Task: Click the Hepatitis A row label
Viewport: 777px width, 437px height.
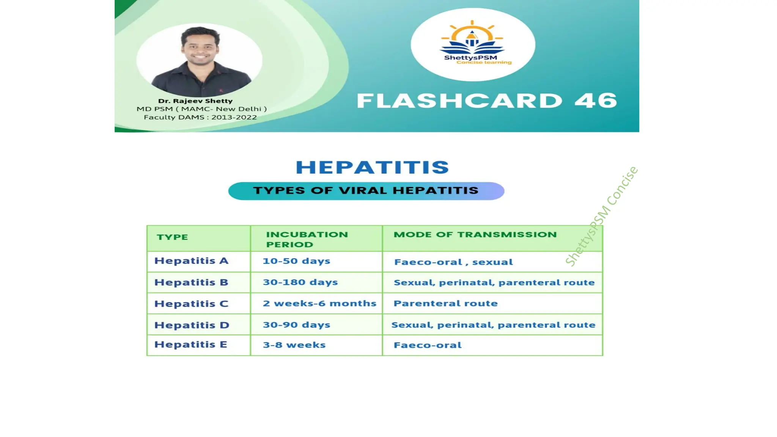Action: [x=191, y=261]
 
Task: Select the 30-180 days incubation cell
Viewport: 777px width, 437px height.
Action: [x=300, y=282]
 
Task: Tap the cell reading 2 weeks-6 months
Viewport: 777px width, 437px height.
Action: [x=319, y=303]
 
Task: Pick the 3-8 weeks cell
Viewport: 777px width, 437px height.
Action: [x=294, y=345]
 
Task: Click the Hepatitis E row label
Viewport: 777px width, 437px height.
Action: [x=190, y=344]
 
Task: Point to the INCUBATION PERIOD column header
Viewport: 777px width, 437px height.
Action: [x=307, y=239]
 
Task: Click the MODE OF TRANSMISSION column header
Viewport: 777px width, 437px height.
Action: [x=475, y=235]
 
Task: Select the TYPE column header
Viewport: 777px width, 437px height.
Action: [x=172, y=237]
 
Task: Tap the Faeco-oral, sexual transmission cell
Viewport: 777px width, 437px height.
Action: [x=453, y=262]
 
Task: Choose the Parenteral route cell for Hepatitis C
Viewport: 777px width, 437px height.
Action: [x=445, y=303]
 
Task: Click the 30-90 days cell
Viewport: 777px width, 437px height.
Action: [x=296, y=325]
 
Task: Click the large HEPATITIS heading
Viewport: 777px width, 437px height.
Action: [x=372, y=167]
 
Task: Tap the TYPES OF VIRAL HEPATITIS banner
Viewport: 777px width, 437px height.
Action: [x=366, y=191]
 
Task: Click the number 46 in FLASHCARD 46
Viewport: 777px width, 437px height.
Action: [x=596, y=101]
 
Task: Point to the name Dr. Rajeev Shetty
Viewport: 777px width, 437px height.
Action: [x=195, y=101]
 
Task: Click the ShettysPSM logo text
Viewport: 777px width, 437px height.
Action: [x=470, y=58]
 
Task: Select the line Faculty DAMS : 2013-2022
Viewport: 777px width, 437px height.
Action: [x=200, y=117]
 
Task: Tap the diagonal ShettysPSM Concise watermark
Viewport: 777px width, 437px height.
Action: [x=601, y=216]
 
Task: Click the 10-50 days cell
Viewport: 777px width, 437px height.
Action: [x=296, y=261]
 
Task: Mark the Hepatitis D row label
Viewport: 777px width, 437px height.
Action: [x=192, y=325]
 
